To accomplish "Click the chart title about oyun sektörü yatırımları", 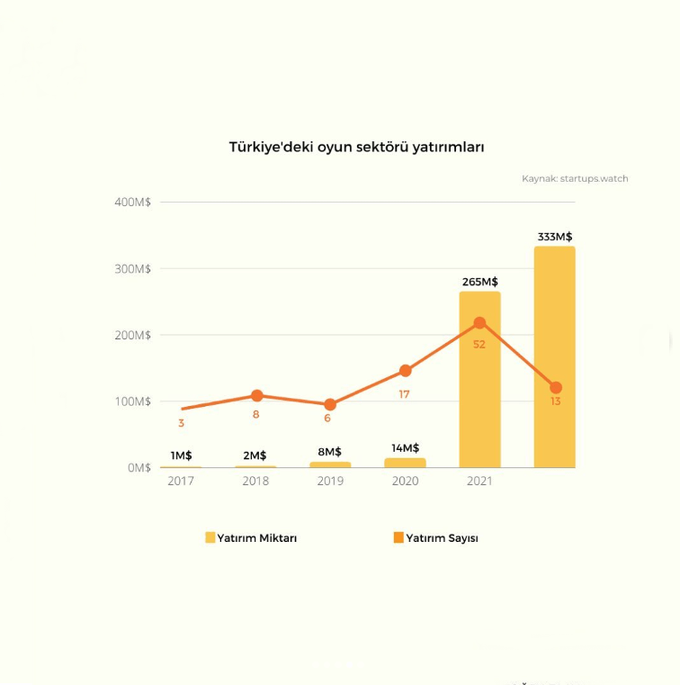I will [x=356, y=147].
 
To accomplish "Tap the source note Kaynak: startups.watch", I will [x=575, y=178].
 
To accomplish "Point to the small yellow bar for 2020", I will [x=405, y=463].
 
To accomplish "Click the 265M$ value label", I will [x=479, y=282].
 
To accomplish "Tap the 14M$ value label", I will [x=405, y=448].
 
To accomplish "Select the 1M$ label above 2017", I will [x=181, y=455].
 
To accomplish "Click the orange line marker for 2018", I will [x=257, y=396].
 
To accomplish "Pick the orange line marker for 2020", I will [x=406, y=371].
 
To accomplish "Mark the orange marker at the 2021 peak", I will [x=479, y=323].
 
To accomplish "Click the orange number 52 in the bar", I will [x=479, y=345].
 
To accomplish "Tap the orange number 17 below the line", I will [x=404, y=394].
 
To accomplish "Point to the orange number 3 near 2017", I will [x=181, y=423].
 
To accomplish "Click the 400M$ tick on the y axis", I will [x=133, y=202].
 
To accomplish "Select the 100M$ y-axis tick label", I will [x=133, y=401].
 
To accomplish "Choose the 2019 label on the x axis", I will [x=330, y=481].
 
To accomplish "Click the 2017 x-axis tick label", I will [x=181, y=481].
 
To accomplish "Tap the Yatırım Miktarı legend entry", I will [x=251, y=538].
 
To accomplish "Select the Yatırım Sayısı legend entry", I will [x=436, y=538].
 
